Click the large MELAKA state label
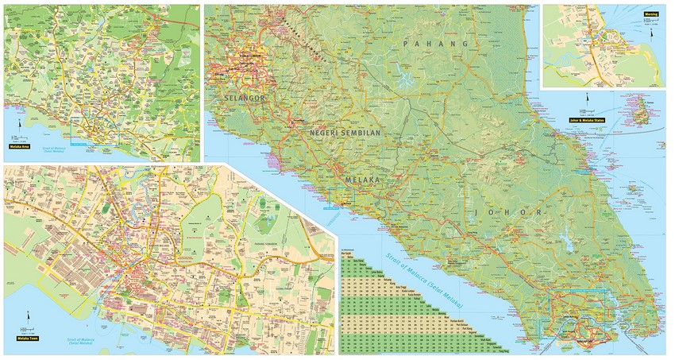364,181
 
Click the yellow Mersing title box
650,14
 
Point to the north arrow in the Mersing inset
650,27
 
